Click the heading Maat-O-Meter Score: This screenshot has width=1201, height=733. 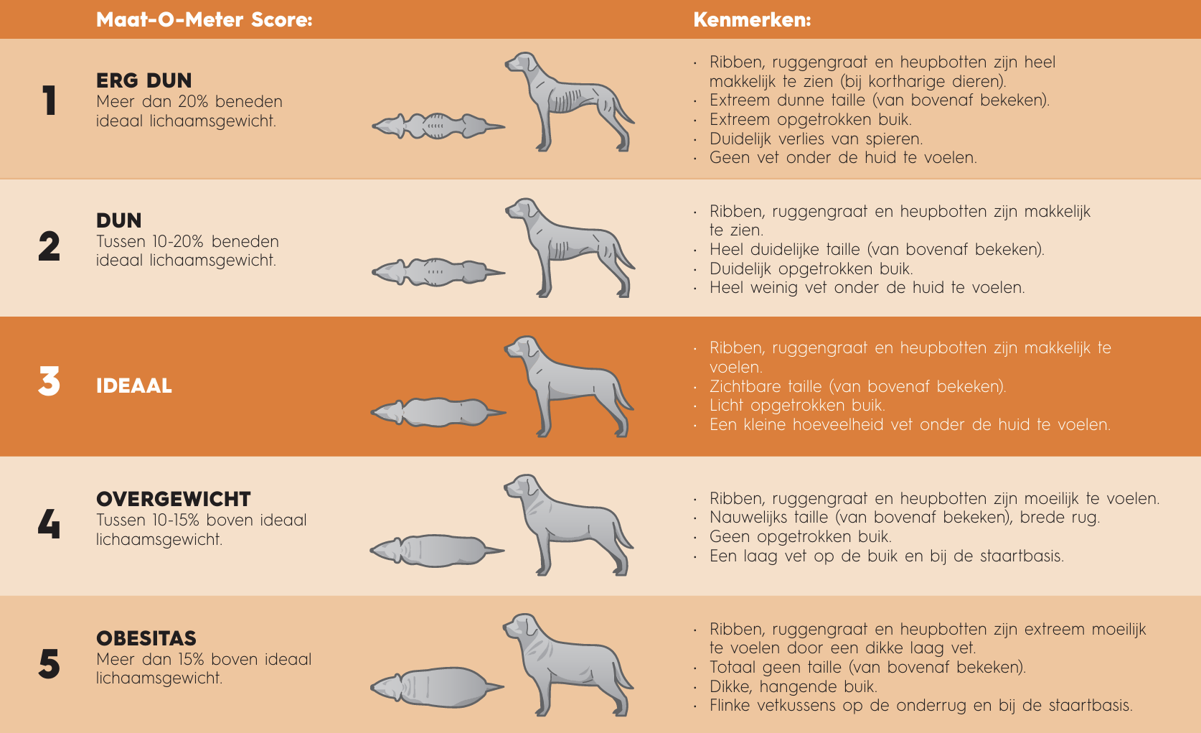click(204, 19)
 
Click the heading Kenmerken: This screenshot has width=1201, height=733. click(752, 19)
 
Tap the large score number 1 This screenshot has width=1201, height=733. click(49, 101)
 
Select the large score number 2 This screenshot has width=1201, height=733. click(49, 246)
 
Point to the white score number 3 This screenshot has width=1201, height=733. click(49, 382)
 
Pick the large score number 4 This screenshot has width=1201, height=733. click(49, 524)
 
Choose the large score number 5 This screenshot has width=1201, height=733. click(49, 663)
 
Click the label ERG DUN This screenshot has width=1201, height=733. click(144, 80)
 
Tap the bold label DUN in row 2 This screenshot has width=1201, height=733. click(119, 220)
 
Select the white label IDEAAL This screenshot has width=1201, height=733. click(134, 386)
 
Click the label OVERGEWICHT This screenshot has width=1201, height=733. click(174, 499)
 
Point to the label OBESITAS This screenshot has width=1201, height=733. click(146, 638)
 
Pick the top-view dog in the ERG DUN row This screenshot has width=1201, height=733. click(438, 126)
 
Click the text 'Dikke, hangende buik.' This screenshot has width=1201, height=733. click(793, 686)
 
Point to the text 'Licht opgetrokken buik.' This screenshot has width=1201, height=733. click(797, 405)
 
